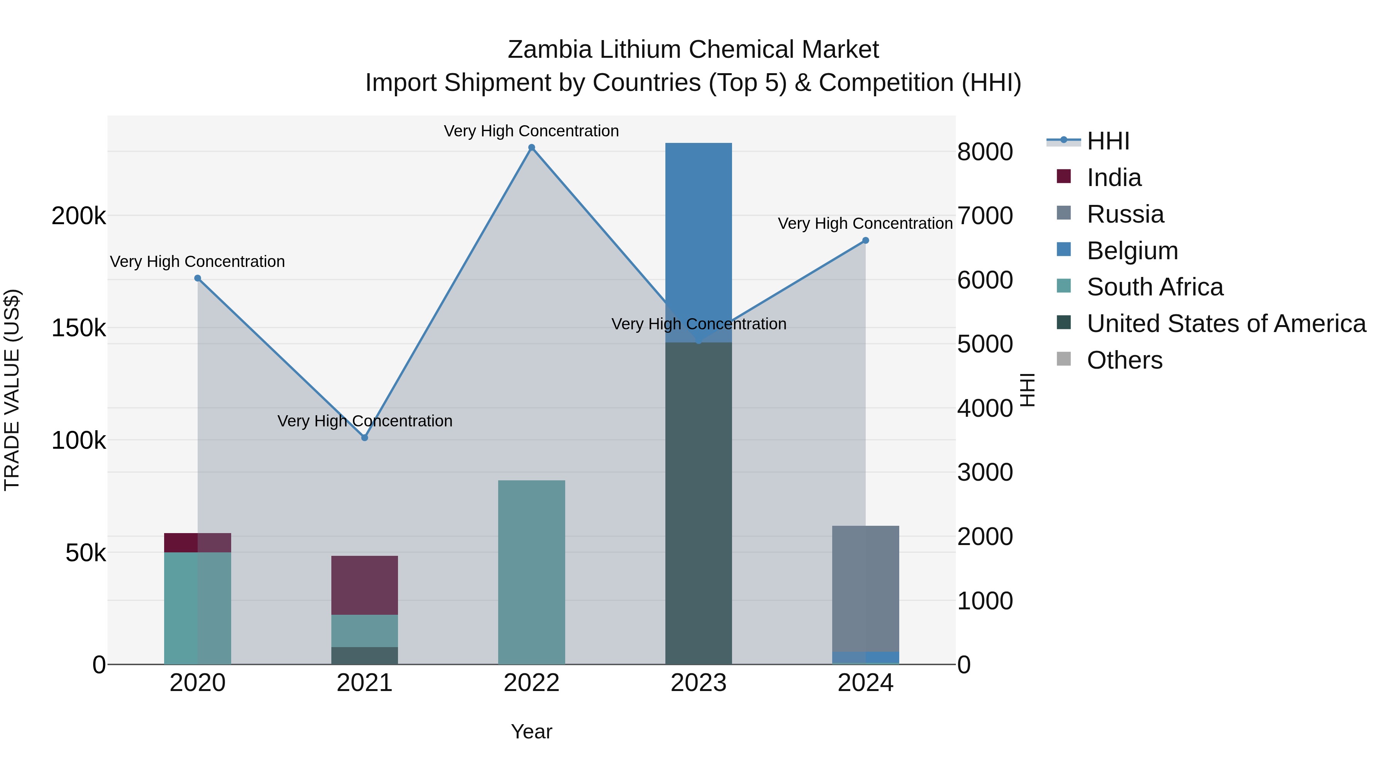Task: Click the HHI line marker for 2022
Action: tap(531, 148)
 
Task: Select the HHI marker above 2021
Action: tap(364, 438)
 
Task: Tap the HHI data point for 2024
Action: tap(865, 241)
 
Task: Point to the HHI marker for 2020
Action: tap(198, 278)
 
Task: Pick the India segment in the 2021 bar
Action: tap(364, 585)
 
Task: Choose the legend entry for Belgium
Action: tap(1132, 251)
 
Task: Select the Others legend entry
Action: tap(1124, 360)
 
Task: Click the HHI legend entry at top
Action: tap(1108, 141)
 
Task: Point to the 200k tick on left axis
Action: tap(79, 216)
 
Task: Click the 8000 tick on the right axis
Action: tap(985, 152)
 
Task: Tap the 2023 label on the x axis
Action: tap(699, 683)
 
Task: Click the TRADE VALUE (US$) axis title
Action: tap(12, 390)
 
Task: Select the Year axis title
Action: tap(531, 731)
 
